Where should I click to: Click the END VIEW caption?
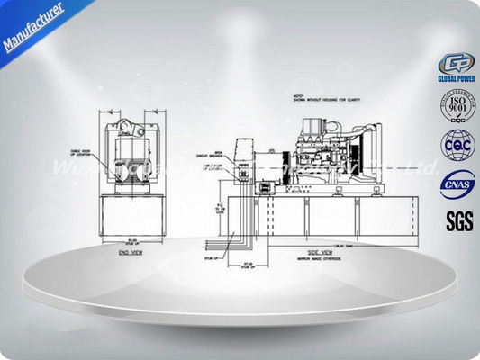(x=132, y=254)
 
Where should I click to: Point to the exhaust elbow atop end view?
(x=132, y=121)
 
